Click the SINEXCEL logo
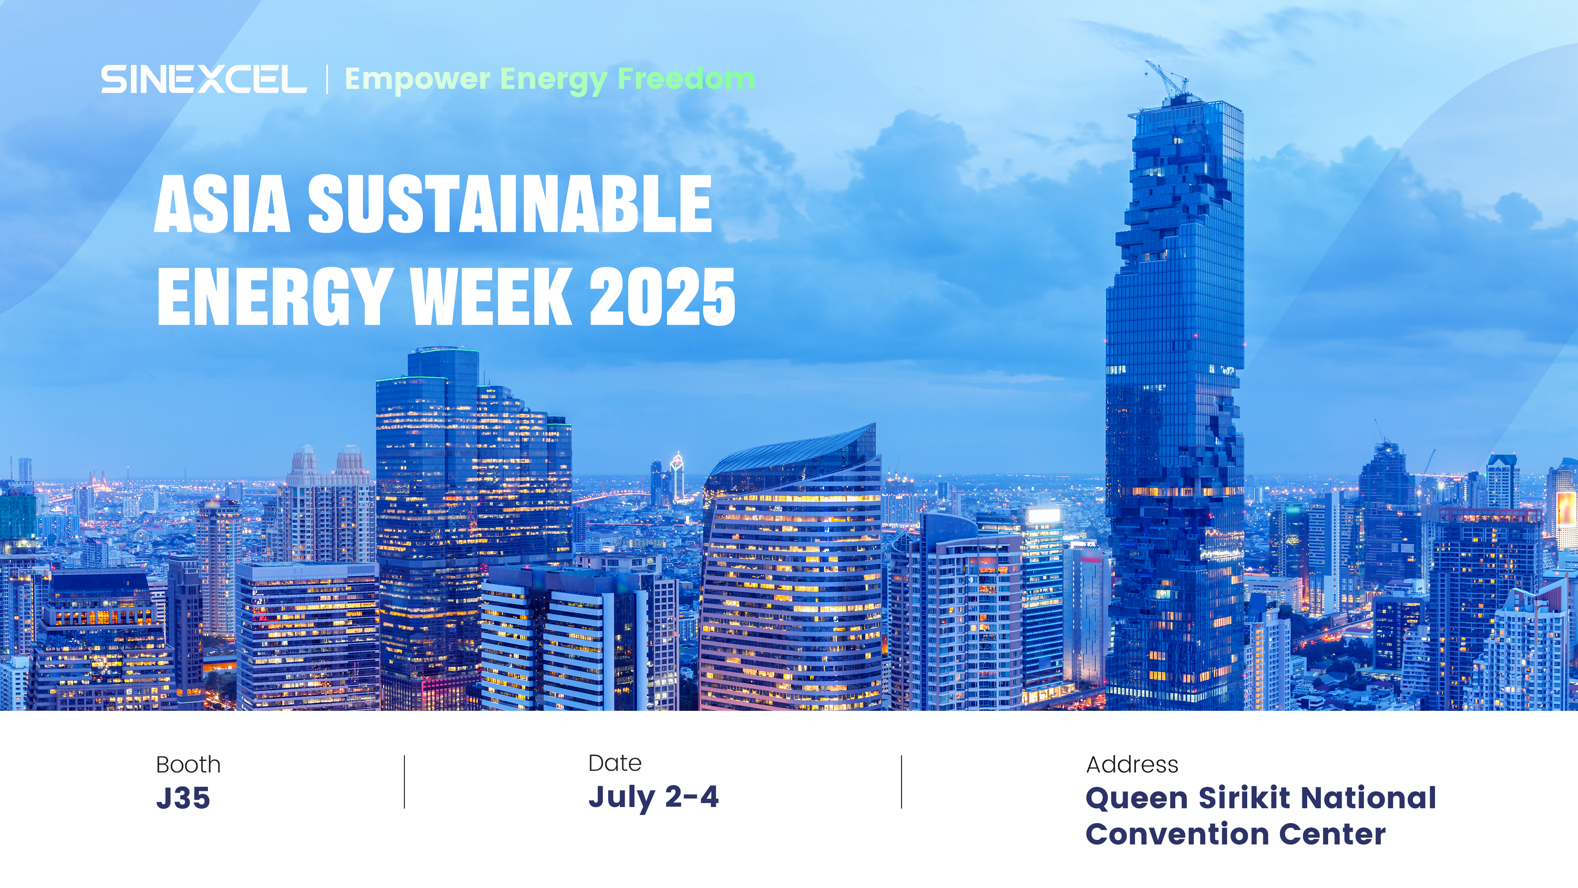click(203, 80)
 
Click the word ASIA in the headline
click(222, 203)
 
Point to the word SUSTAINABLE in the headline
click(510, 203)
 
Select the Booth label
click(188, 765)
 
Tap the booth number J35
click(183, 798)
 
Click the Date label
click(614, 763)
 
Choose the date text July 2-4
click(653, 797)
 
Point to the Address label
click(1132, 765)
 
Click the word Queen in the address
click(1137, 798)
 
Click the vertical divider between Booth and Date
click(404, 782)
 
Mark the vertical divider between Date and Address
click(902, 782)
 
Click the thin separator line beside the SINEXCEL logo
click(327, 80)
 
